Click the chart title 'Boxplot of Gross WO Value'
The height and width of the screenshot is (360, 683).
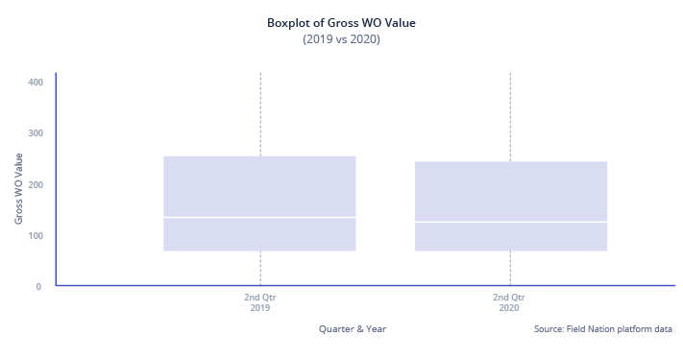(x=341, y=22)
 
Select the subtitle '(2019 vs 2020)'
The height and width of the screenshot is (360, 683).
(x=341, y=39)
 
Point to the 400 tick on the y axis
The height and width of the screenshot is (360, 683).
(x=36, y=83)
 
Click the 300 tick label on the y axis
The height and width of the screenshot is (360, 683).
(x=36, y=133)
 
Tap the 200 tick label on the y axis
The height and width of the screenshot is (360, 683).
(x=36, y=184)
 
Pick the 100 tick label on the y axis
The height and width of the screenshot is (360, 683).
(x=36, y=235)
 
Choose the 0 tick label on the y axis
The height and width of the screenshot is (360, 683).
(x=38, y=286)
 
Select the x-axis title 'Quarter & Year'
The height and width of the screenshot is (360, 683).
(x=353, y=329)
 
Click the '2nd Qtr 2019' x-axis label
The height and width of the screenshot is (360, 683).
(x=260, y=302)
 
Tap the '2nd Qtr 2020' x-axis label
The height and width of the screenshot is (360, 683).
(x=509, y=302)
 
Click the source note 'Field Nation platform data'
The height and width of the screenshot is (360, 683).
(x=603, y=329)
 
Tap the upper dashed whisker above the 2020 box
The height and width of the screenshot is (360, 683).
(x=510, y=115)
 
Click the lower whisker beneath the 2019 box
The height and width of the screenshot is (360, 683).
(x=260, y=268)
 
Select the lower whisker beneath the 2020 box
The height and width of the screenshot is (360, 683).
(x=510, y=268)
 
